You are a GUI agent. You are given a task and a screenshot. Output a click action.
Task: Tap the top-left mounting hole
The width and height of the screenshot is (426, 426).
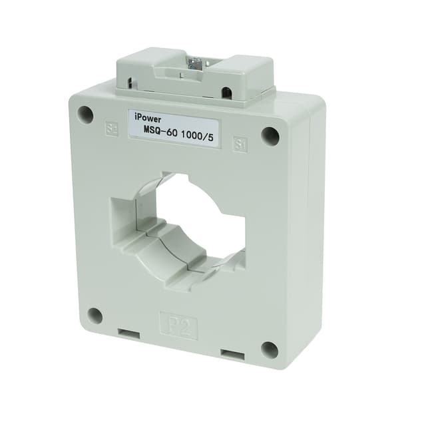pos(85,114)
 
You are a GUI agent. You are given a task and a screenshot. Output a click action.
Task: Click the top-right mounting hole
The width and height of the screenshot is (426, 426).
pos(270,136)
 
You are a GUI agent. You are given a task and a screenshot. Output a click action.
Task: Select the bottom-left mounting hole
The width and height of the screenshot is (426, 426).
pos(95,316)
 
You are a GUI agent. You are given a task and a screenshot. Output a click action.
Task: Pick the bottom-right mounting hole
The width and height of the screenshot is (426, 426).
pos(269,349)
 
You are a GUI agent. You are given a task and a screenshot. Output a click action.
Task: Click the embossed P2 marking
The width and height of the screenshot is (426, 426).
pos(178,325)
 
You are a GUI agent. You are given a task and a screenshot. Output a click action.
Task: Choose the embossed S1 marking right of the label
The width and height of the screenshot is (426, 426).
pos(240,144)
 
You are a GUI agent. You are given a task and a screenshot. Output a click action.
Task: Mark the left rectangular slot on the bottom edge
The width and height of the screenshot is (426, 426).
pos(129,333)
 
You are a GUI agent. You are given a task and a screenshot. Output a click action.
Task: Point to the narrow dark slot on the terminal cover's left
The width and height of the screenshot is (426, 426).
pos(130,84)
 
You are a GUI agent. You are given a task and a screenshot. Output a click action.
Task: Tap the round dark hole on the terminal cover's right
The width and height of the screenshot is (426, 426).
pos(226,92)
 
